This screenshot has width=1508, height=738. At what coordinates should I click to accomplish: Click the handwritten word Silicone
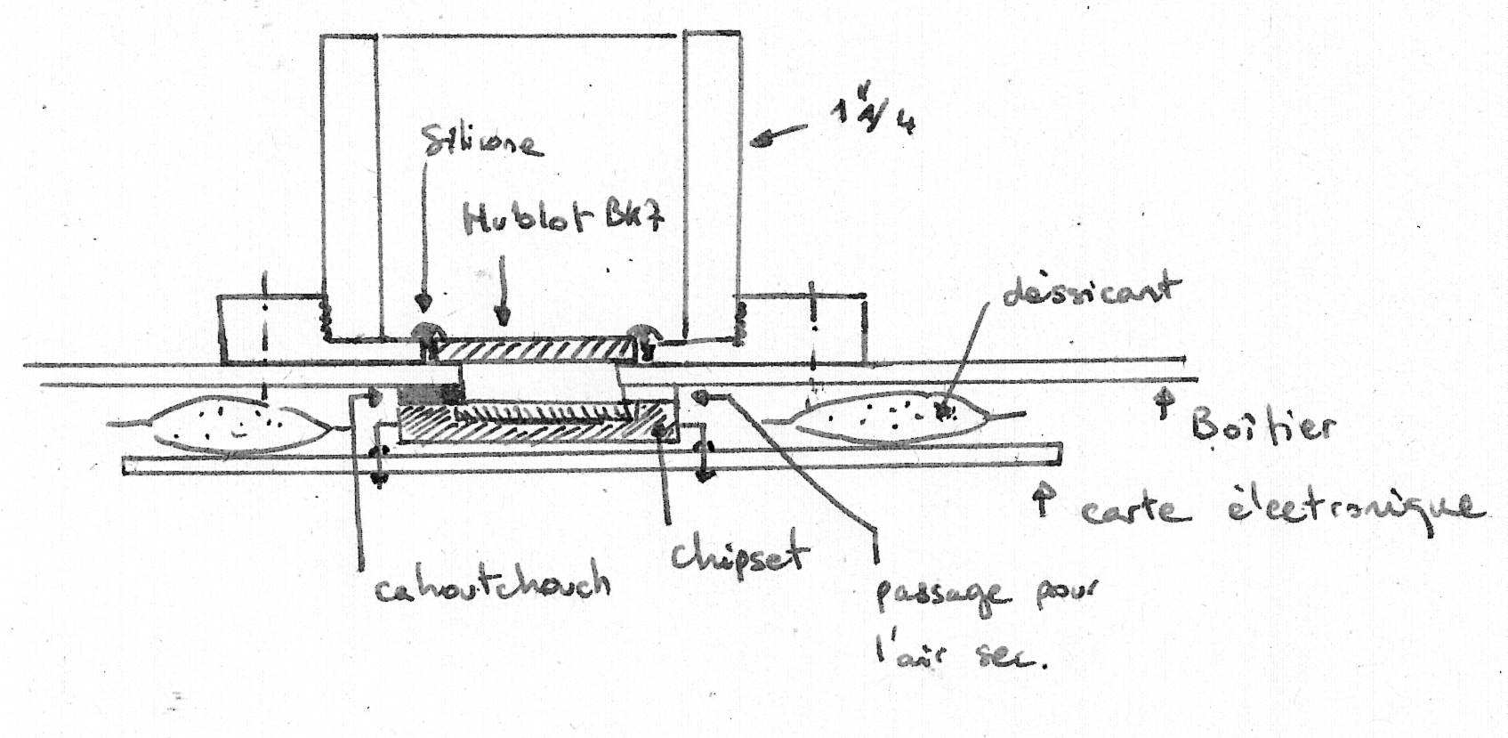[x=484, y=142]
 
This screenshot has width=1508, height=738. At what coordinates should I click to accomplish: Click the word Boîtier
[x=1262, y=429]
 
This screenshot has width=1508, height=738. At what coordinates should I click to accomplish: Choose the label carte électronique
[x=1281, y=508]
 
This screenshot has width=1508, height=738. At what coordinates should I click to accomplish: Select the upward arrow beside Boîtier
[x=1160, y=406]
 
